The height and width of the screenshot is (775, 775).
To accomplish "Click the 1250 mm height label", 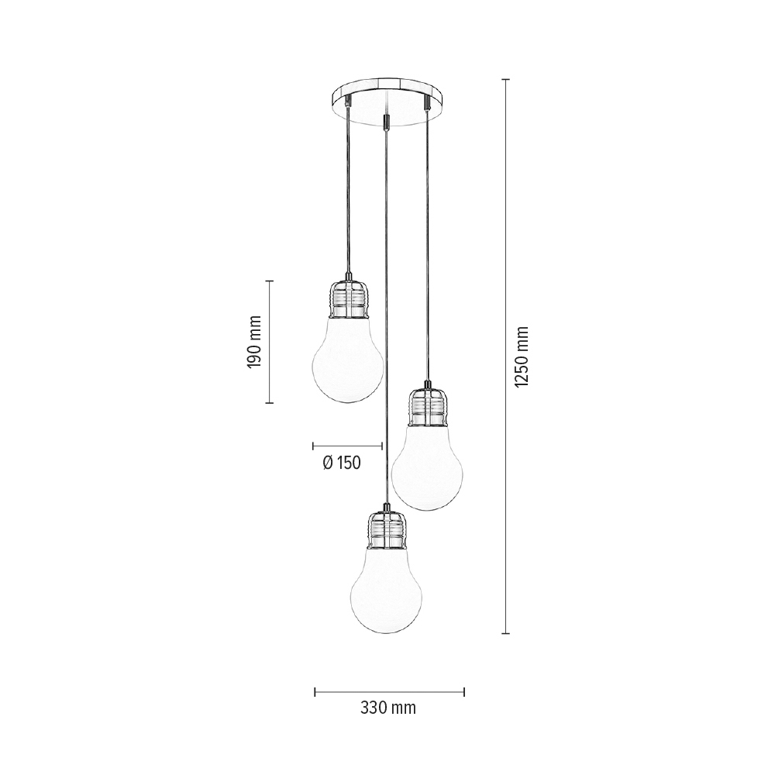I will point(521,356).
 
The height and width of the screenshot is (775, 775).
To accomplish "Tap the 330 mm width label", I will point(388,708).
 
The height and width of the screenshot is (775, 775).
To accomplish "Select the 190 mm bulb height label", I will point(255,342).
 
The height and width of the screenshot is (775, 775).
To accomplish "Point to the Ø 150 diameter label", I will point(342,463).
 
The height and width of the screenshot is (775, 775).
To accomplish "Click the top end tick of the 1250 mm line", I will point(506,80).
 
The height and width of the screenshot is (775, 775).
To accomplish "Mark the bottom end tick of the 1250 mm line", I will point(506,633).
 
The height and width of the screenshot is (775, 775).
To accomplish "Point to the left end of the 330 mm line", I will point(315,691).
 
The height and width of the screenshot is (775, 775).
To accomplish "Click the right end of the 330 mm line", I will point(463,691).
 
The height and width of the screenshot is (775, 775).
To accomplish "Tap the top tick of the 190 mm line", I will point(270,281).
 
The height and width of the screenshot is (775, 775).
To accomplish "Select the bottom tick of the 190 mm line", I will point(270,403).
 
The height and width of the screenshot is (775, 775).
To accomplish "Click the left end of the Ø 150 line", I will point(313,446).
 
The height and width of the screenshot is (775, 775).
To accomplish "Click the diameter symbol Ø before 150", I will point(327,463).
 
